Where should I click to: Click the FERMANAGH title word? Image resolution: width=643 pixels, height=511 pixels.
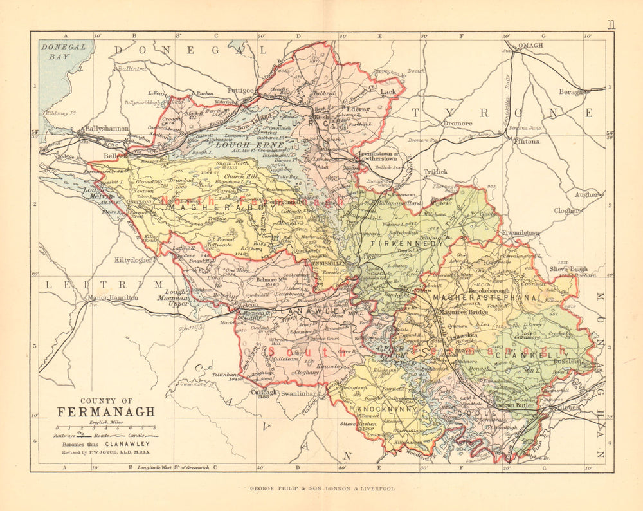coord(106,411)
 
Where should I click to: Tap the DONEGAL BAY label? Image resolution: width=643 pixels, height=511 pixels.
coord(62,51)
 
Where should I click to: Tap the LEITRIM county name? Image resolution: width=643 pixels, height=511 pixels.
coord(102,283)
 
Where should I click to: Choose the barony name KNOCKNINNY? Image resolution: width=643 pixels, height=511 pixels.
coord(380,409)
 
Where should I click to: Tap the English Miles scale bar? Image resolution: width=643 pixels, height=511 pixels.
coord(106,427)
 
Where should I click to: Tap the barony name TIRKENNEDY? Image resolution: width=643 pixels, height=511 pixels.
coord(396,244)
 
